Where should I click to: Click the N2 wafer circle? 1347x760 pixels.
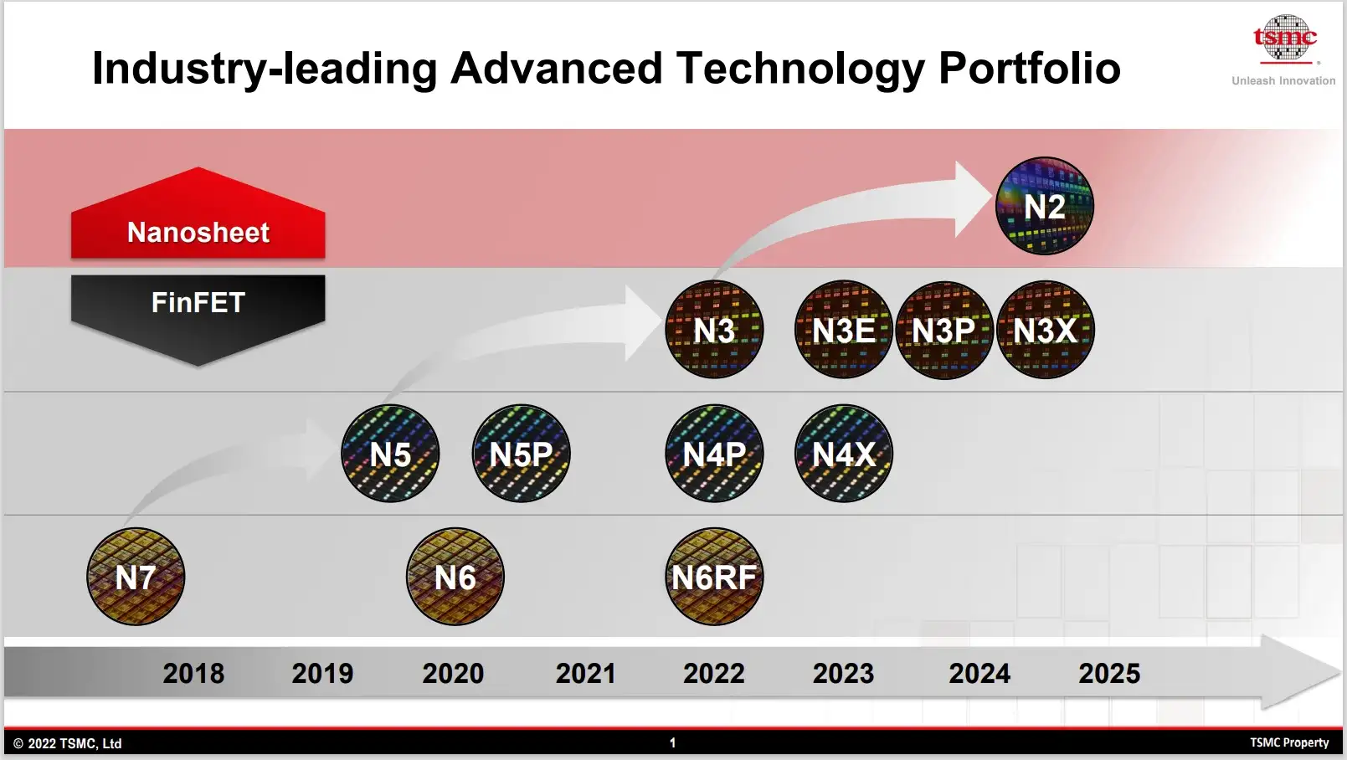pos(1044,206)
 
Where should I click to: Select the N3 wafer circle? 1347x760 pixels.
pos(714,330)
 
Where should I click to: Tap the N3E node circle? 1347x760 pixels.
pos(844,330)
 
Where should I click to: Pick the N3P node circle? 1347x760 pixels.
pos(944,330)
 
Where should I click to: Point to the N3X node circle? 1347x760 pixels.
pos(1045,330)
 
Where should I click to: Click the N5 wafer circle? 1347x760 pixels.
pos(390,454)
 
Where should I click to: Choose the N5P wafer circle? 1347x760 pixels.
pos(521,454)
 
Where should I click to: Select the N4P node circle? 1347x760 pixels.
pos(714,454)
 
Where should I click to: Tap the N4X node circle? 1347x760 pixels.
pos(844,454)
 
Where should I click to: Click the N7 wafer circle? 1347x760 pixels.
pos(136,577)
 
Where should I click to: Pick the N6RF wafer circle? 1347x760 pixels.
pos(714,577)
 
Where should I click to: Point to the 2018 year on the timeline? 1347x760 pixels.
pos(193,673)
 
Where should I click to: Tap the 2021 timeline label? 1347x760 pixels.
pos(585,673)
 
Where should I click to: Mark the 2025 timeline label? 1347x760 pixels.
pos(1109,673)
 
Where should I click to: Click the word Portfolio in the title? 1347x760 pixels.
pos(1029,69)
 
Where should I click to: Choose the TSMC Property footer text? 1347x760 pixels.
pos(1289,742)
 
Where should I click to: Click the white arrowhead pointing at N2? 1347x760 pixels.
pos(973,199)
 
